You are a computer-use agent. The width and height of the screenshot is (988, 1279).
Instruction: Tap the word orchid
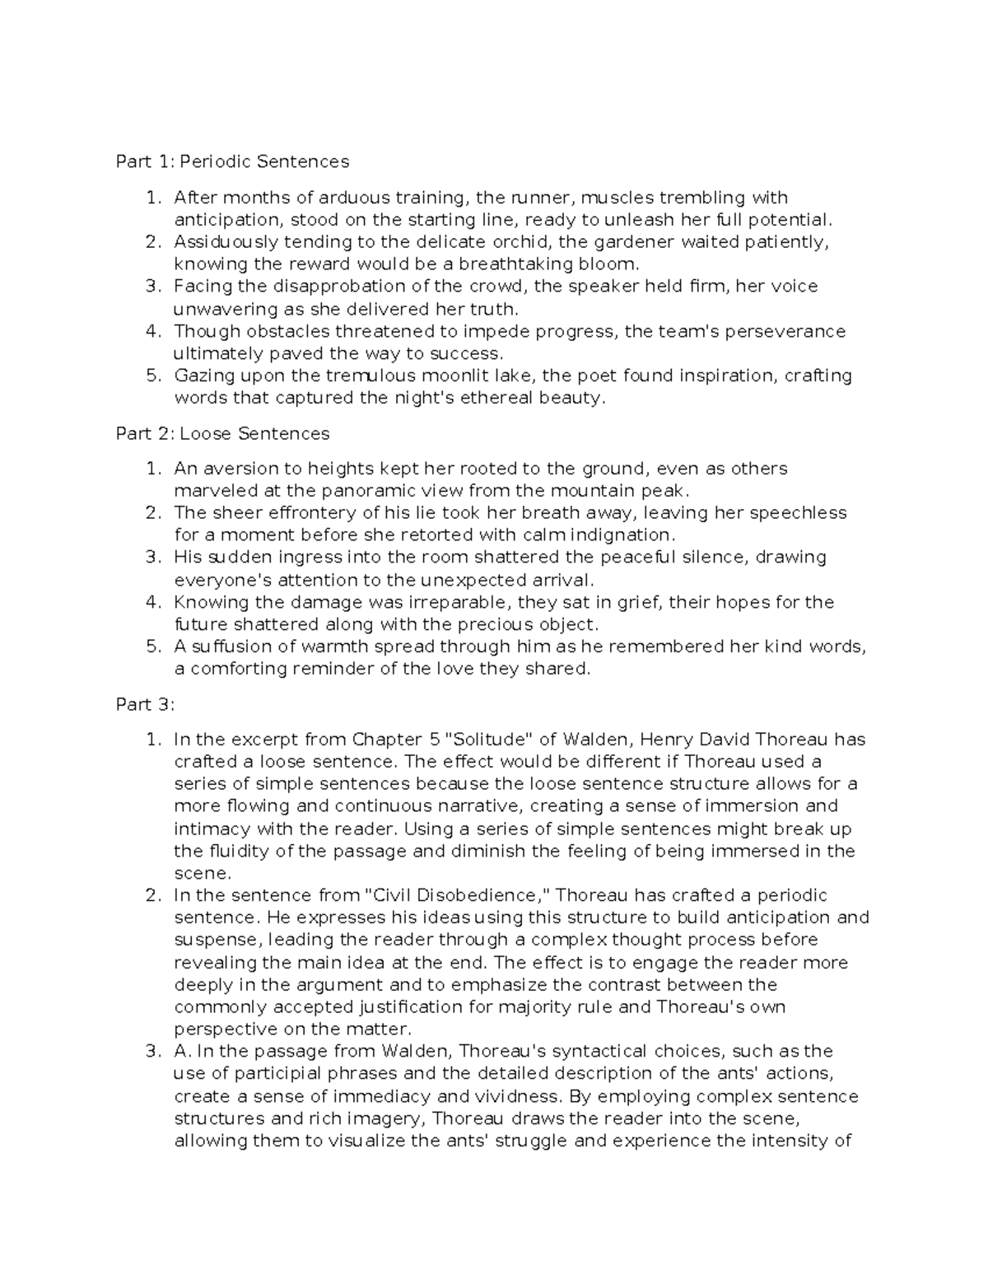523,242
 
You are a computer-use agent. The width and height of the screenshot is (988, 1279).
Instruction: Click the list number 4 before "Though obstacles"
152,331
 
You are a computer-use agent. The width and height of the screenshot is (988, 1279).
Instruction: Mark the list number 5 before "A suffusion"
152,647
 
